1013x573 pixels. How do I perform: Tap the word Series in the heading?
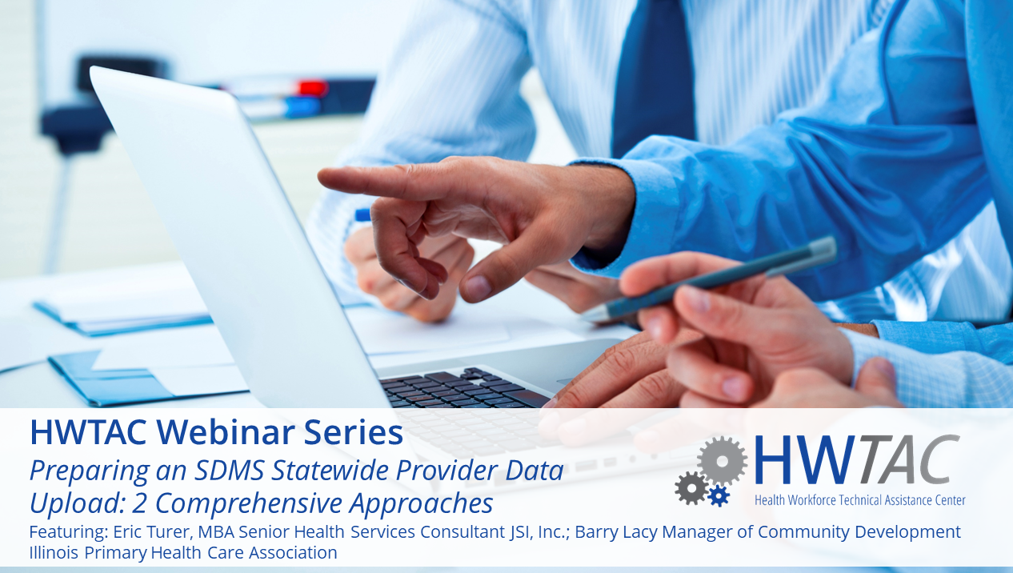[353, 432]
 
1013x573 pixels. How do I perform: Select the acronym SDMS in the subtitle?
[230, 471]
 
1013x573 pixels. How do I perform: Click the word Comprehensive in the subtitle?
[248, 503]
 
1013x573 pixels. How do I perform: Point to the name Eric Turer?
[150, 532]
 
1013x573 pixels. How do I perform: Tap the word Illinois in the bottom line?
[54, 553]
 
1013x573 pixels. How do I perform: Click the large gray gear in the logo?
[723, 461]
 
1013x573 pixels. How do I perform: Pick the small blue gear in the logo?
[719, 495]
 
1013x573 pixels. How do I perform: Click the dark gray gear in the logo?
[691, 488]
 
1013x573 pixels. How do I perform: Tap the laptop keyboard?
[463, 388]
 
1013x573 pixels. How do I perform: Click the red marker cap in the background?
[312, 88]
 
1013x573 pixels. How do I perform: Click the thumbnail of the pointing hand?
[478, 286]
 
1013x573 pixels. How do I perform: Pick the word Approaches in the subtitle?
[421, 503]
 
